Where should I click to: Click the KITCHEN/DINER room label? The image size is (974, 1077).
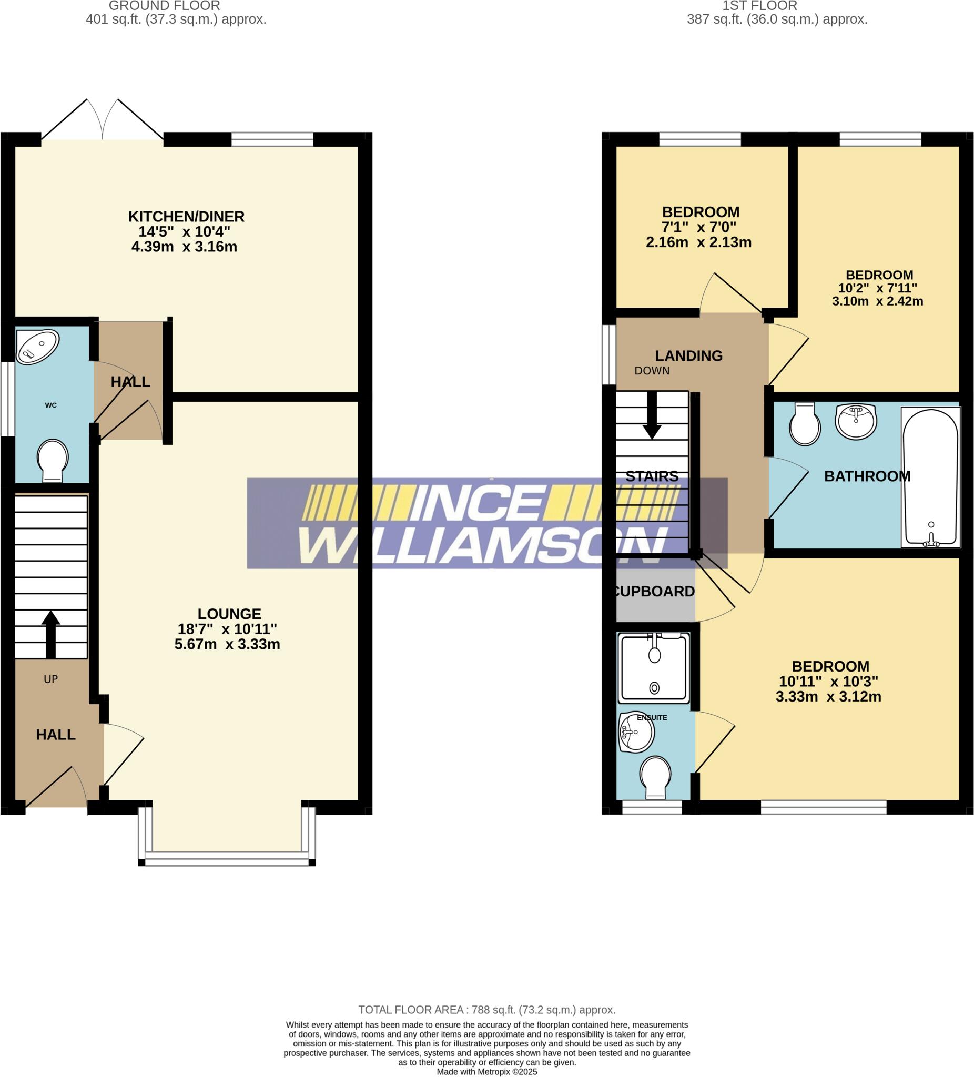(186, 216)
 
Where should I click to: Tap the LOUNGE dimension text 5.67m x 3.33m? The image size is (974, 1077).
(227, 644)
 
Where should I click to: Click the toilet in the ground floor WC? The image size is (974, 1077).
(53, 460)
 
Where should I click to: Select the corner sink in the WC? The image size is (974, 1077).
(36, 346)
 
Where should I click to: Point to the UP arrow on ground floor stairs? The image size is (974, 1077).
(51, 634)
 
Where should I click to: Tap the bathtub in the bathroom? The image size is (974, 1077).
(930, 477)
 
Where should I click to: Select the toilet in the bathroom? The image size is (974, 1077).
(805, 425)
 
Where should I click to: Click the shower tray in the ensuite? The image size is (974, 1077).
(653, 668)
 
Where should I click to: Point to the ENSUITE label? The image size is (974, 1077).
(652, 717)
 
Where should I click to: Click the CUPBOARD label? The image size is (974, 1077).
(654, 592)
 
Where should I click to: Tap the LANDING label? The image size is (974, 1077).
(689, 356)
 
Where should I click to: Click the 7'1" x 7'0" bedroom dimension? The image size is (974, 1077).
(698, 227)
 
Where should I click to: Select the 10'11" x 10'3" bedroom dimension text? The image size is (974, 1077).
(828, 682)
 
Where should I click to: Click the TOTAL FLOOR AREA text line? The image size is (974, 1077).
(486, 1010)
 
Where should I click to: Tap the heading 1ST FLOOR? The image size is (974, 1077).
(759, 6)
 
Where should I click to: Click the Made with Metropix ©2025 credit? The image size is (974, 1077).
(486, 1072)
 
